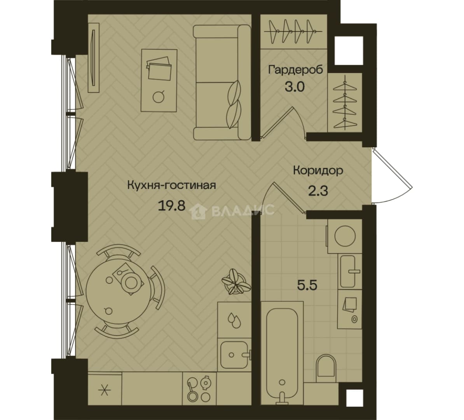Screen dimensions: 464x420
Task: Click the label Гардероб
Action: pos(295,70)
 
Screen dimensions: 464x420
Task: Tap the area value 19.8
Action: pos(172,205)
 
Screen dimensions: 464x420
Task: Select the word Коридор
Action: pos(318,171)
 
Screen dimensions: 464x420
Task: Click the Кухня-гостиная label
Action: pos(172,185)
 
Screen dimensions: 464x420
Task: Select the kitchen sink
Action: pos(234,355)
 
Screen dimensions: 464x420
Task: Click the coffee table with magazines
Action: pos(159,80)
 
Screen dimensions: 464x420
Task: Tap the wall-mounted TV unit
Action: pos(94,58)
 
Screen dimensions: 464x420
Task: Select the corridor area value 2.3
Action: pos(318,191)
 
